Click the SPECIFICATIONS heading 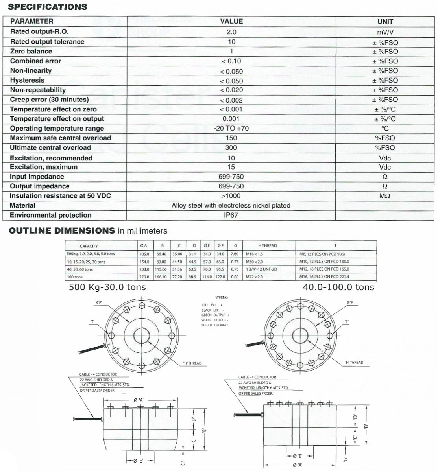48,7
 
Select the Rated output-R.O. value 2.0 231,32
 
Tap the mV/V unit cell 385,32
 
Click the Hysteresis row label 27,80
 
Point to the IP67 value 231,215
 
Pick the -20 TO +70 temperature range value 231,128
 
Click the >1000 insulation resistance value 231,196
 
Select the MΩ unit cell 385,196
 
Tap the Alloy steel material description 231,205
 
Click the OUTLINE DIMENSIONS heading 62,231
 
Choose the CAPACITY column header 89,246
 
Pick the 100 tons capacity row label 75,277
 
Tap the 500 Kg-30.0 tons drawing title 107,288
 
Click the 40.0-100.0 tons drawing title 338,288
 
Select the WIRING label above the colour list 222,297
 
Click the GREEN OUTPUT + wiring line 215,315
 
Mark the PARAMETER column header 31,21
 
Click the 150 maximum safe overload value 231,138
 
